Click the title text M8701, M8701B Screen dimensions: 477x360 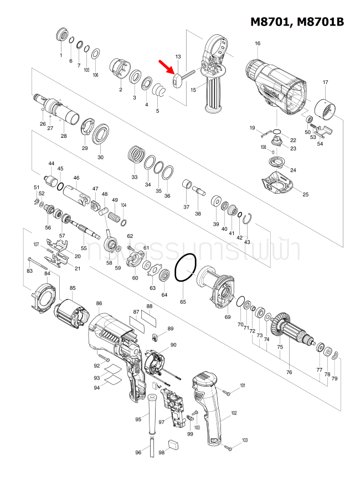(x=297, y=22)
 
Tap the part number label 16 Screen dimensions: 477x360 (x=258, y=44)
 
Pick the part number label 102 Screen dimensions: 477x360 (x=234, y=413)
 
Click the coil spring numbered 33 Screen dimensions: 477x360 (x=135, y=153)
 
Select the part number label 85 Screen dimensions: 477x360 (x=73, y=288)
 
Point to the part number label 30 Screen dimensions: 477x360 (x=100, y=157)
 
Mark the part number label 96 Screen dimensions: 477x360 (x=138, y=452)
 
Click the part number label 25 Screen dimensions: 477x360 (x=305, y=194)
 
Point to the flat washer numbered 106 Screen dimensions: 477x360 (x=95, y=53)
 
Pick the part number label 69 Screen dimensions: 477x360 (x=227, y=317)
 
